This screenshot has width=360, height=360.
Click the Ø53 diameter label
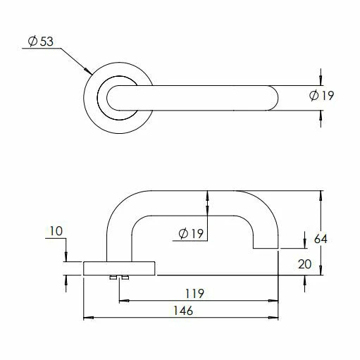[x=42, y=42]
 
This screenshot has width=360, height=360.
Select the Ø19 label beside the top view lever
[x=321, y=96]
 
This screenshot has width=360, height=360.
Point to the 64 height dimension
[x=321, y=239]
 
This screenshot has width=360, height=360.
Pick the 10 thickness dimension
[x=57, y=230]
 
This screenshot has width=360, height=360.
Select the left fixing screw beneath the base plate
[x=113, y=278]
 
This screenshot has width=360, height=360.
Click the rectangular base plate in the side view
[x=120, y=268]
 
